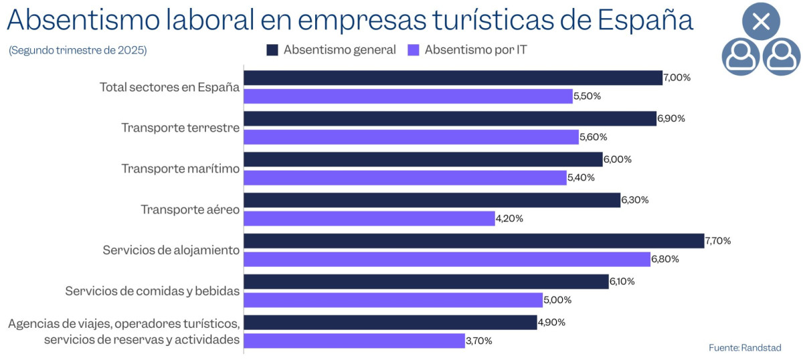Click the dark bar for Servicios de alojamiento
coord(474,241)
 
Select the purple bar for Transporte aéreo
coord(369,218)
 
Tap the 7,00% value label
coord(677,78)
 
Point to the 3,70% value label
coord(478,341)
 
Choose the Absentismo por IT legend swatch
coord(413,50)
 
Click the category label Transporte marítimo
coord(180,169)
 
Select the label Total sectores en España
coord(169,87)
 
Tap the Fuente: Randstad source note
coord(745,347)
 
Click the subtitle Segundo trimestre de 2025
coord(78,50)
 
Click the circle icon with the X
coord(761,21)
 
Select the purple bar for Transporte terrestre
coord(411,137)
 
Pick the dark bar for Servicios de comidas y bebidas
coord(426,282)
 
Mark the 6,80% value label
coord(665,259)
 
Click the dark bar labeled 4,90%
coord(390,323)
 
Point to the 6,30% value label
coord(635,200)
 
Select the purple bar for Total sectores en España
coord(408,96)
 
